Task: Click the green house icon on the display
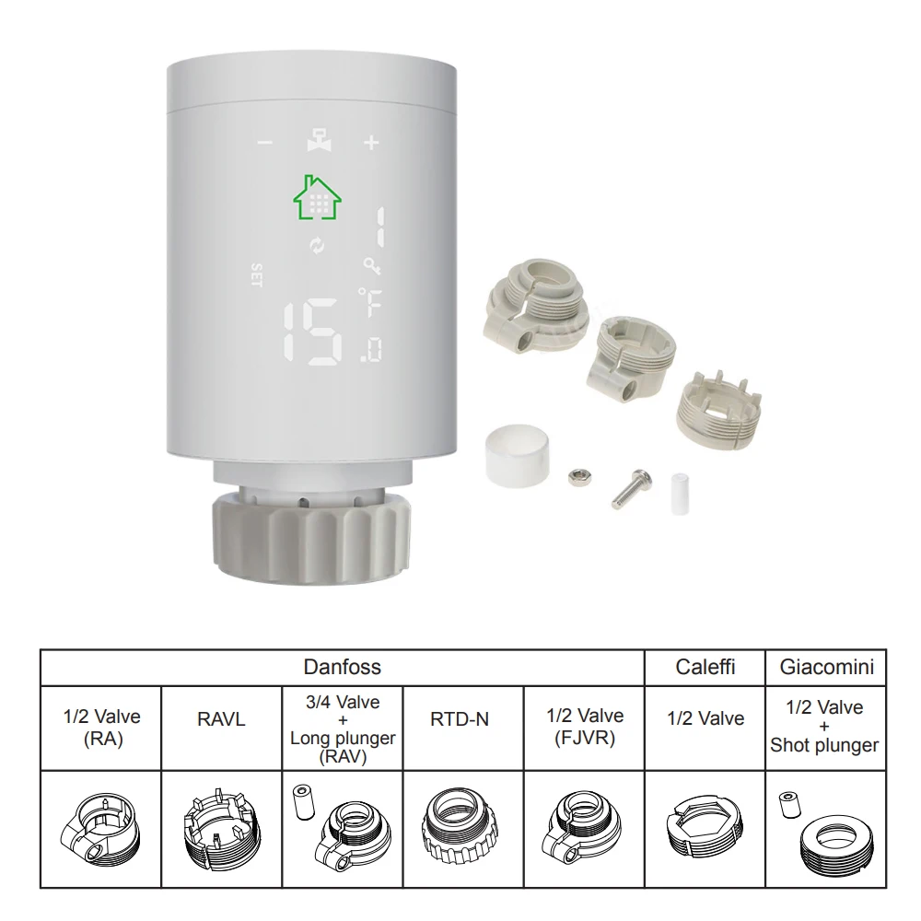coord(317,198)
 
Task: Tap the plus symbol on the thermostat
coord(371,142)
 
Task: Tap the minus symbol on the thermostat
coord(265,142)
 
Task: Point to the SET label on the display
coord(256,274)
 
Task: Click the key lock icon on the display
coord(371,265)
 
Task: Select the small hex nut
coord(579,477)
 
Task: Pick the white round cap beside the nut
coord(518,456)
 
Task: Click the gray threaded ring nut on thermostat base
coord(311,537)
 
